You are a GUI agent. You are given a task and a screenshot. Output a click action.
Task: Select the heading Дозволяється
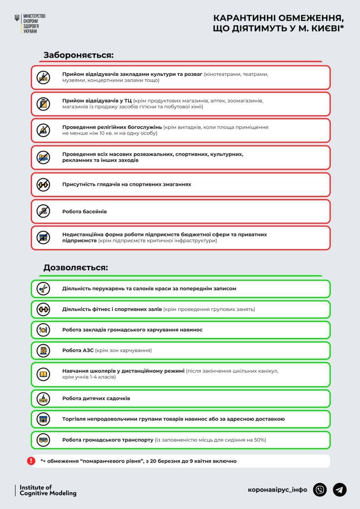76,268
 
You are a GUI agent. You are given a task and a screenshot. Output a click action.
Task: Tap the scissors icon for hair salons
43,289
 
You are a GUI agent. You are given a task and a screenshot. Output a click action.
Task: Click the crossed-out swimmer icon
43,211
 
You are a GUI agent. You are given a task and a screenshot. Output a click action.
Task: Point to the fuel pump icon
43,350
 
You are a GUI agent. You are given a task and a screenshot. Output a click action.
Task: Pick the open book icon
43,374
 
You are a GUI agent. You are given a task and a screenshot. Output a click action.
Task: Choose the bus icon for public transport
43,440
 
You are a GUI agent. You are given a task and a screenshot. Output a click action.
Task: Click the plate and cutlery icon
43,330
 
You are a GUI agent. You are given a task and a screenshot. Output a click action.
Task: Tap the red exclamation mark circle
31,461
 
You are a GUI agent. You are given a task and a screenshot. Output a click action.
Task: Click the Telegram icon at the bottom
339,490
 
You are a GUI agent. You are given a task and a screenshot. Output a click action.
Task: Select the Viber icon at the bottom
320,490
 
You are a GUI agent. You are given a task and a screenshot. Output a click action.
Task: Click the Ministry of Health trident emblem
17,18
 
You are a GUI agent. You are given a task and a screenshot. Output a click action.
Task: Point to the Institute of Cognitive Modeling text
48,490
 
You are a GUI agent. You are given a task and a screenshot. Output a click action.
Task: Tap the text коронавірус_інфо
277,490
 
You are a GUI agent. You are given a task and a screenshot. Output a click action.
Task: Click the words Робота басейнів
84,212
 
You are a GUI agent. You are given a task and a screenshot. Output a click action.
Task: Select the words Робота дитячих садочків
96,398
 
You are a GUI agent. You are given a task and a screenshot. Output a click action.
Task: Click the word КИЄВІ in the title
323,28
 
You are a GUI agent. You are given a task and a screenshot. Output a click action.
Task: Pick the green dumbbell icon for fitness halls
43,309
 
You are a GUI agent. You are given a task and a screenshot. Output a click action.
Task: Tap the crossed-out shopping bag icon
43,104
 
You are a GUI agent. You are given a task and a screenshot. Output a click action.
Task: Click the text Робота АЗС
78,350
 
